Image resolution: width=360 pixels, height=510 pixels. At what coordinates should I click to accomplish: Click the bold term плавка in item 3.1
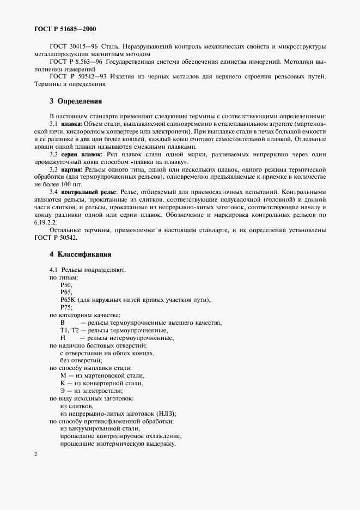click(x=71, y=124)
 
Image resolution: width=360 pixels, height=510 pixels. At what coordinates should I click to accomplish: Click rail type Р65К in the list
click(x=68, y=300)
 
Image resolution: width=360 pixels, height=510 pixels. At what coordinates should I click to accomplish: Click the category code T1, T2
click(x=70, y=331)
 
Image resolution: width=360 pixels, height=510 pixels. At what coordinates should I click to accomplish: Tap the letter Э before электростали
click(x=63, y=391)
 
